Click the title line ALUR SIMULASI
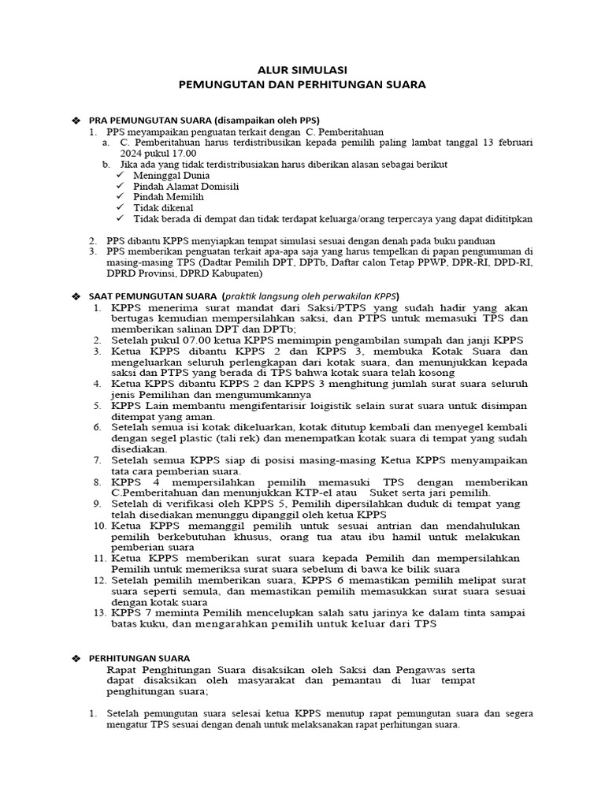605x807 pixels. (302, 69)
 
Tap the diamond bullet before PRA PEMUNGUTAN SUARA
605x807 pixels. (76, 119)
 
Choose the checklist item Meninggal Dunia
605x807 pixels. (167, 175)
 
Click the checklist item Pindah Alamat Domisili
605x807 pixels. (186, 186)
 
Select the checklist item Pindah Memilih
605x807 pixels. (169, 196)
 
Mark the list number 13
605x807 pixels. (98, 612)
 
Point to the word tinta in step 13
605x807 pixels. (463, 612)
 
